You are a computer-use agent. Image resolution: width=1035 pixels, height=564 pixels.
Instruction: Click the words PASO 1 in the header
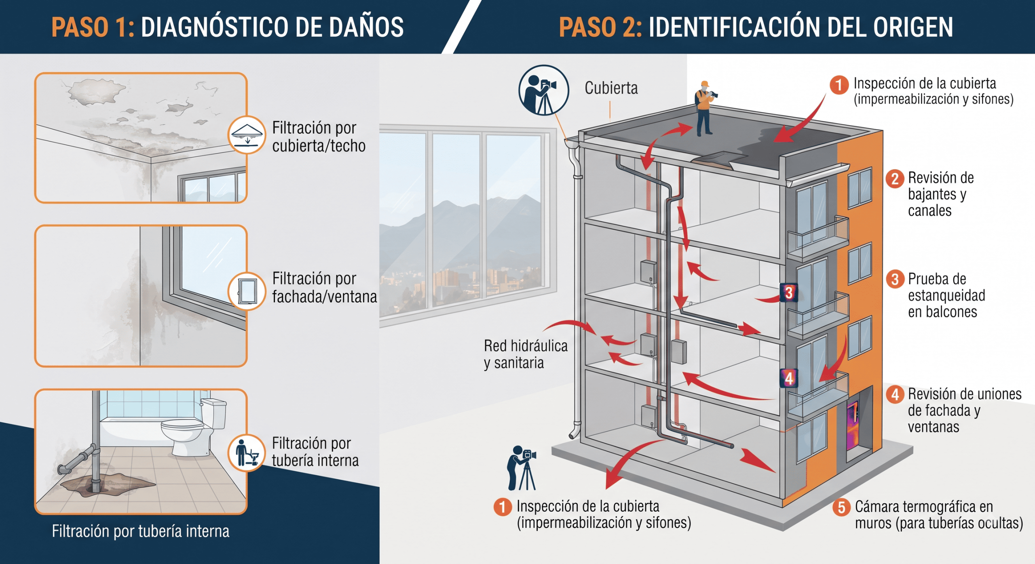(x=93, y=27)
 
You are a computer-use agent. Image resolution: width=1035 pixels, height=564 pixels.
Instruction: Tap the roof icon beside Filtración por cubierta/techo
(x=247, y=135)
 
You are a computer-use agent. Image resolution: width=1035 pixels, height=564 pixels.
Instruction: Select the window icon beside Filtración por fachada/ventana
(x=247, y=291)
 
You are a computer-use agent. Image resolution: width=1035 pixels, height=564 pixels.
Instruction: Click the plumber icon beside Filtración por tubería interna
(x=247, y=452)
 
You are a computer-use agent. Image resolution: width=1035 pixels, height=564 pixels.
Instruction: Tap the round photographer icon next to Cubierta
(x=543, y=90)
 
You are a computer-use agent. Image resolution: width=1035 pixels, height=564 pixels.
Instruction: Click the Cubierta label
(x=611, y=88)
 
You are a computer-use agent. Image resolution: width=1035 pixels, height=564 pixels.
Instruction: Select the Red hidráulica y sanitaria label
(x=526, y=354)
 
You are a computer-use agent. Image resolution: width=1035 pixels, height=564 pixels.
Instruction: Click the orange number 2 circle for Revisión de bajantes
(x=895, y=179)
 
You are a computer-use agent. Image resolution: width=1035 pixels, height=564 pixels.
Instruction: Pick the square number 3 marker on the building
(x=789, y=293)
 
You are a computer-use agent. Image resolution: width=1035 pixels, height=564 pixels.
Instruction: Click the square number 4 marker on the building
(x=789, y=379)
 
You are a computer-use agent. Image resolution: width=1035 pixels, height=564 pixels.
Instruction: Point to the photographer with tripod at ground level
(x=522, y=468)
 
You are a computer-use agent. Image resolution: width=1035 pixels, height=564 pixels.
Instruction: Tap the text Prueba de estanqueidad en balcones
(x=946, y=295)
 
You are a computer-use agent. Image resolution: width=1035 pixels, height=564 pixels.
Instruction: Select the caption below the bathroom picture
(x=141, y=531)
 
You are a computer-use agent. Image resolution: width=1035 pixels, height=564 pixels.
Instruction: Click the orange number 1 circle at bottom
(x=503, y=507)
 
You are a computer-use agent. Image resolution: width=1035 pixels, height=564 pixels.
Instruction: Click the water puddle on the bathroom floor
(x=107, y=483)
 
